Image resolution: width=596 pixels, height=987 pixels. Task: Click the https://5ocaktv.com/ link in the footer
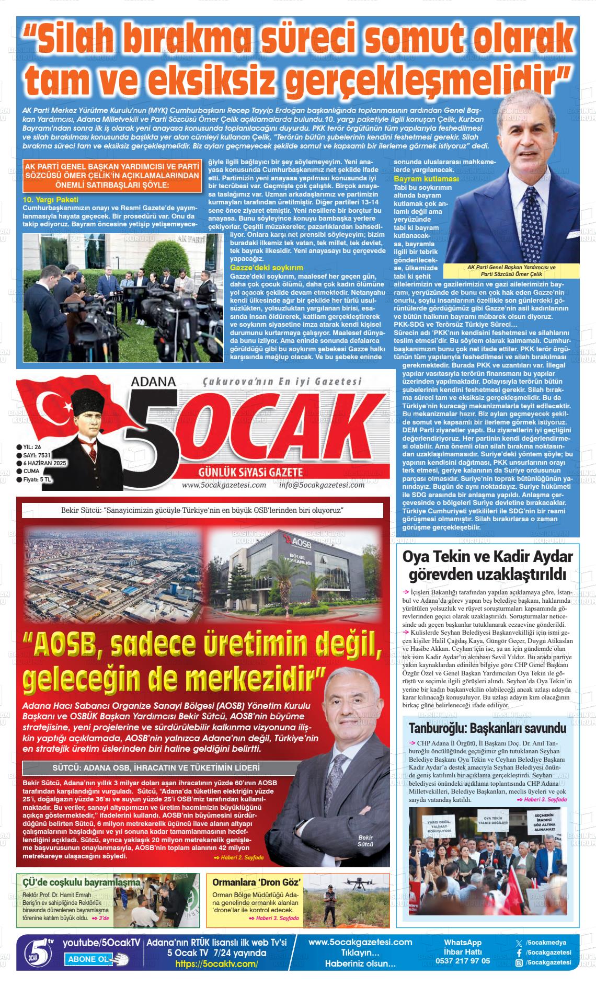pyautogui.click(x=216, y=964)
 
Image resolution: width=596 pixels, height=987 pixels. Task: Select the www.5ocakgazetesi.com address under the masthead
pyautogui.click(x=224, y=485)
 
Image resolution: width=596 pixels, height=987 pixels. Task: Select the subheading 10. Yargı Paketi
pyautogui.click(x=51, y=200)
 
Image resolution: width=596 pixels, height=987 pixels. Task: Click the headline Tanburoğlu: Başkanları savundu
pyautogui.click(x=487, y=728)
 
